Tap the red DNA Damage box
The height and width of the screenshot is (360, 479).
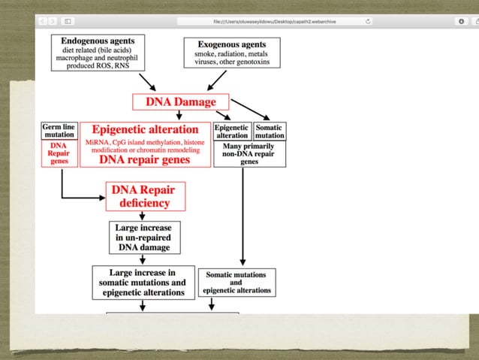180,101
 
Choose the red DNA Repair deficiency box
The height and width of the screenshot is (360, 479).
146,196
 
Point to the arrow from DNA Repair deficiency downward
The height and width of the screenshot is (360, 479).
143,216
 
